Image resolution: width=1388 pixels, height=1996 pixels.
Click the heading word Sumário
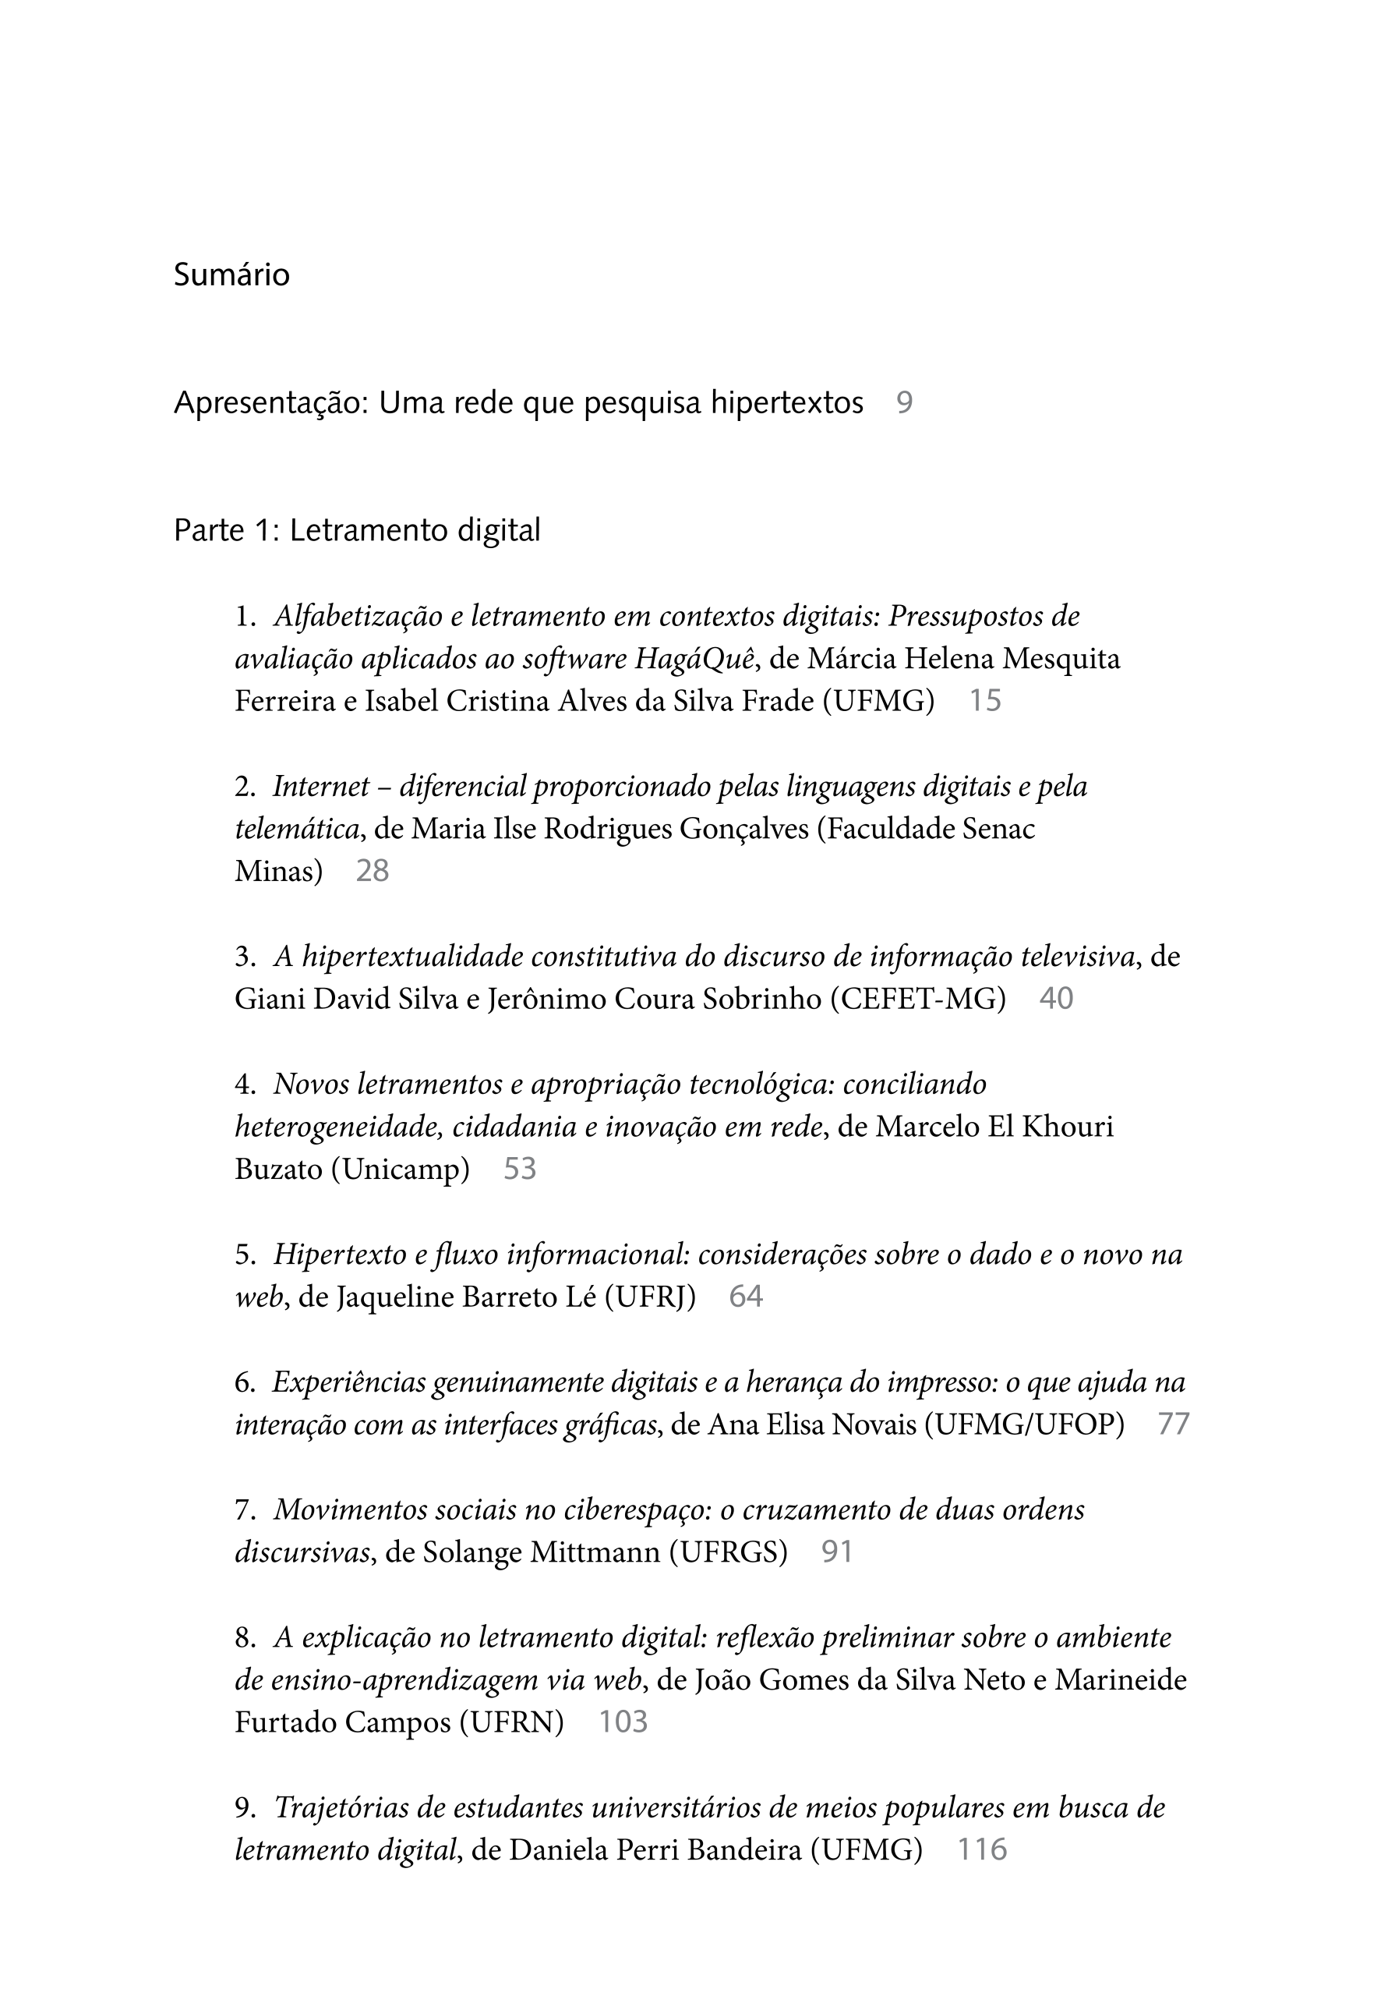tap(231, 274)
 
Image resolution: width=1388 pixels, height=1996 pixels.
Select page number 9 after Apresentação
tap(904, 403)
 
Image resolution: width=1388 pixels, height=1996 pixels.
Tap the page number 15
tap(985, 701)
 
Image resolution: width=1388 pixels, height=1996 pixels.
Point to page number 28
tap(372, 871)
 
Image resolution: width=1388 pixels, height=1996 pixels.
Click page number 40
tap(1056, 999)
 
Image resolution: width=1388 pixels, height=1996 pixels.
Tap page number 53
tap(520, 1170)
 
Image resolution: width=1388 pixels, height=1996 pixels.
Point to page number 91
tap(837, 1552)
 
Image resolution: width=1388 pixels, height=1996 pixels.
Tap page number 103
tap(623, 1722)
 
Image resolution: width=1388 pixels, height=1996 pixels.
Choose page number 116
tap(981, 1850)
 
